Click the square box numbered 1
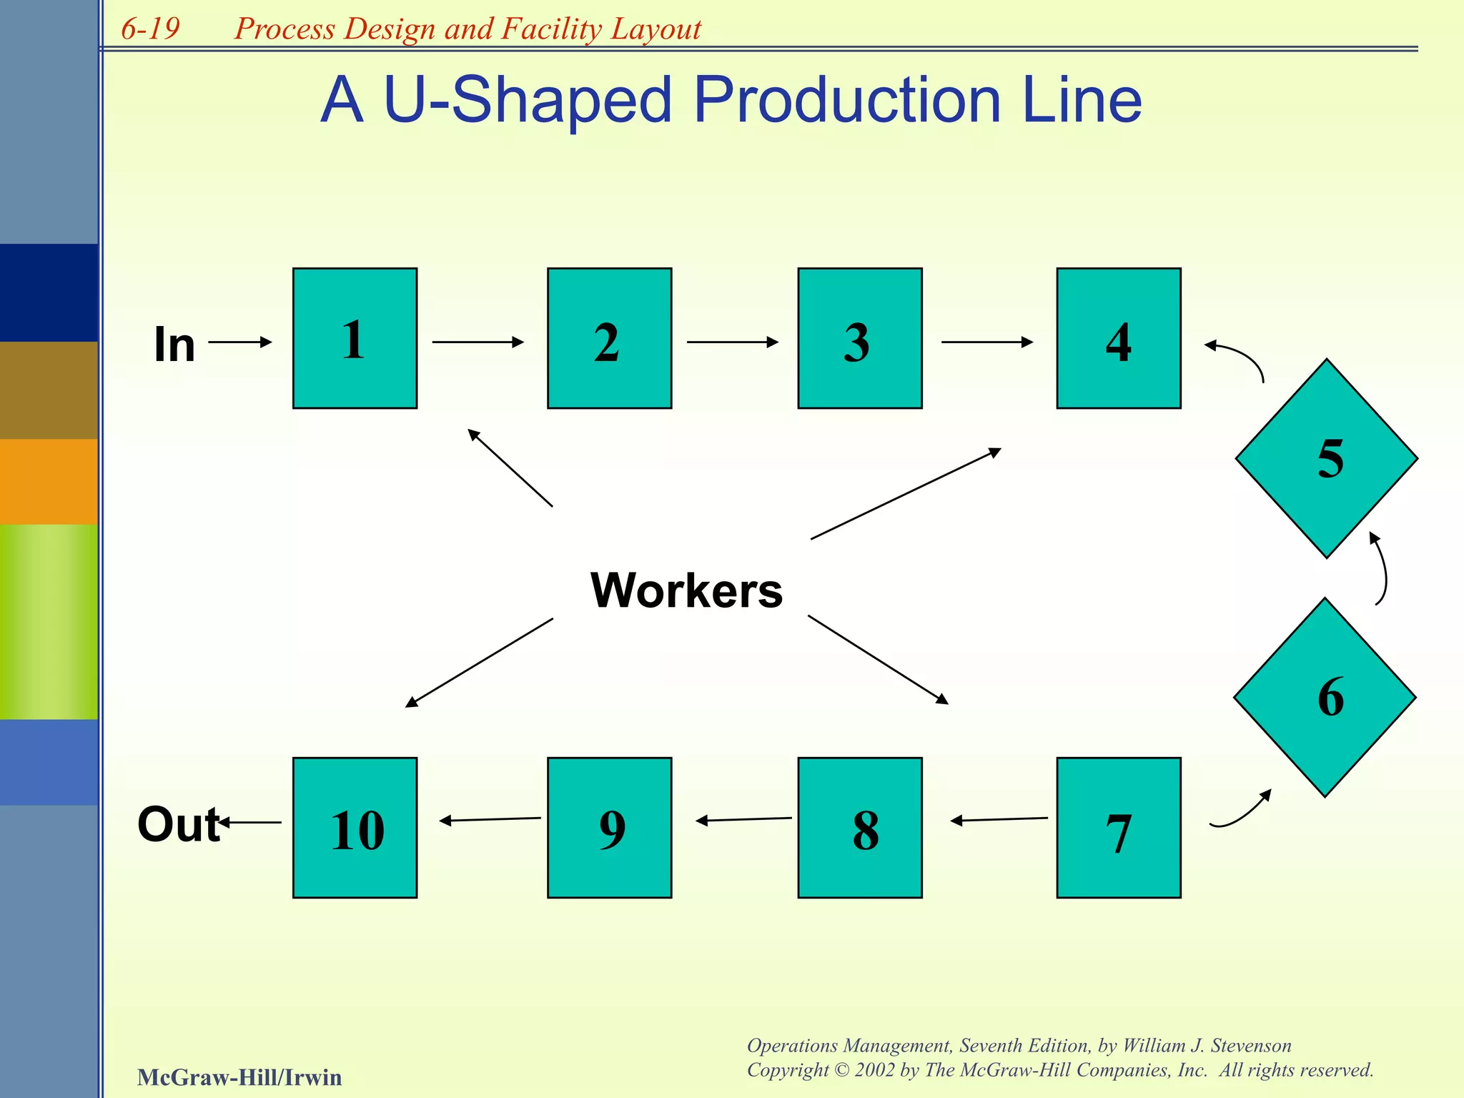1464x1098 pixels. point(355,338)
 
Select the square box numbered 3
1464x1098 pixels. point(859,338)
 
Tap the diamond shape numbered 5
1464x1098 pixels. point(1326,458)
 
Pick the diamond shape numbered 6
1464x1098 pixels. point(1325,697)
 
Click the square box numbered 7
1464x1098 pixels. point(1118,827)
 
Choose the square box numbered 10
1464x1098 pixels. point(355,827)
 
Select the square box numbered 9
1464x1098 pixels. point(609,827)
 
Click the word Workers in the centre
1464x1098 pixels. point(686,590)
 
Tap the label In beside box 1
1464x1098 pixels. point(174,345)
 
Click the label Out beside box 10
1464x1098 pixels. point(178,824)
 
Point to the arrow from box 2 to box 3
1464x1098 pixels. point(732,342)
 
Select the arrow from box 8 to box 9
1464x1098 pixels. point(743,819)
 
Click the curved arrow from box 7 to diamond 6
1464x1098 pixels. point(1242,813)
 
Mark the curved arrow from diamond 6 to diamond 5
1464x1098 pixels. point(1383,568)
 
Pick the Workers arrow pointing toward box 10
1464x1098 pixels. point(479,663)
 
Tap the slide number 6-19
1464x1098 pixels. point(150,29)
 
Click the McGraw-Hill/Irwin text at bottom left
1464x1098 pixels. point(239,1077)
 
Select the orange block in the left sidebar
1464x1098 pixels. point(49,481)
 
